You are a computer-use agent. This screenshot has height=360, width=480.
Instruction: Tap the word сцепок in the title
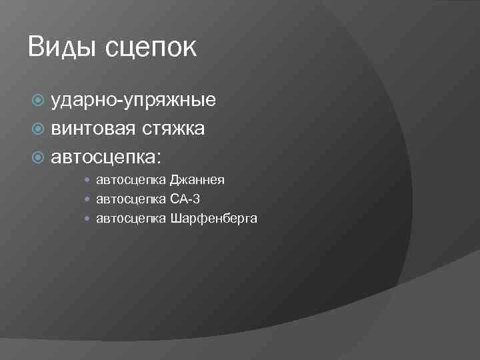[151, 49]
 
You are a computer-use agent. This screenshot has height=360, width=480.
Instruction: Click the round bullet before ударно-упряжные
[39, 101]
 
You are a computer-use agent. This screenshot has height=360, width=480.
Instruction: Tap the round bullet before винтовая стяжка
[39, 129]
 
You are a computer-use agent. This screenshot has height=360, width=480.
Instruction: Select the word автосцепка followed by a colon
[107, 157]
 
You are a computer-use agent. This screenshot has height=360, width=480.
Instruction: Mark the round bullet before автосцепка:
[39, 157]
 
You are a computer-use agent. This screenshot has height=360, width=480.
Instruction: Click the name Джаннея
[197, 180]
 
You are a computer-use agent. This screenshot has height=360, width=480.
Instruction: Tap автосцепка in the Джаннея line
[131, 180]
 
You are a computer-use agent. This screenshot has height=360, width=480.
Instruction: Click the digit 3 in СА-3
[196, 199]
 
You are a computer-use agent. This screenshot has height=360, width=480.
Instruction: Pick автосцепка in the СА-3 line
[131, 199]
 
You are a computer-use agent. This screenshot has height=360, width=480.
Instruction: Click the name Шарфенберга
[213, 218]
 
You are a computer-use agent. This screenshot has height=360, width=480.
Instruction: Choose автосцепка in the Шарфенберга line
[131, 218]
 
